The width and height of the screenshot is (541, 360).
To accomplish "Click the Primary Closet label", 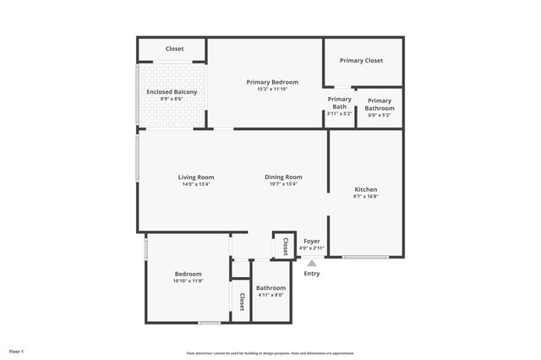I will [x=361, y=61].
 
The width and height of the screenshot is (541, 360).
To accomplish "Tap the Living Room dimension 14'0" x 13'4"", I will [x=195, y=184].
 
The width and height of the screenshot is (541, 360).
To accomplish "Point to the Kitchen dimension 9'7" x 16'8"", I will [x=365, y=197].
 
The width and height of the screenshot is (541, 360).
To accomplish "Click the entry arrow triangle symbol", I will [x=311, y=264].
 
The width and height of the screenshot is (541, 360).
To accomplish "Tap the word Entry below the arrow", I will [x=311, y=273].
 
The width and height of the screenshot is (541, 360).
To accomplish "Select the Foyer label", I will [x=312, y=241].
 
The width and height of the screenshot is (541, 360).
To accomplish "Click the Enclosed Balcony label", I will [x=172, y=91].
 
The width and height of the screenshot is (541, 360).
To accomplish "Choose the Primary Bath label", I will [x=340, y=103].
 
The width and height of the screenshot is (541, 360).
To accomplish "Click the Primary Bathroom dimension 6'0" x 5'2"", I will [x=380, y=115].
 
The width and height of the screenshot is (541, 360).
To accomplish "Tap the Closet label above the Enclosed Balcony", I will [x=174, y=49].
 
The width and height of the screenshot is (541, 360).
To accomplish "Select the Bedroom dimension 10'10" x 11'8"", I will [x=188, y=281].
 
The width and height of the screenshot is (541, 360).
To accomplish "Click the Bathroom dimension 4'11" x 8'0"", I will [x=271, y=296].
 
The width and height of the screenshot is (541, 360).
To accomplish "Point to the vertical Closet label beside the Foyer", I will [x=285, y=246].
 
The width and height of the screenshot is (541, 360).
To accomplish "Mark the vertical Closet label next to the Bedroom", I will [x=241, y=302].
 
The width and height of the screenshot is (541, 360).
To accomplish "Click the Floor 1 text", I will [x=17, y=351].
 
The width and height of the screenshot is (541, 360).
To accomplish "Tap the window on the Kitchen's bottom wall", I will [x=365, y=257].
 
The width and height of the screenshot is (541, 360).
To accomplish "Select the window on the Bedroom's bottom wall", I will [x=209, y=323].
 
